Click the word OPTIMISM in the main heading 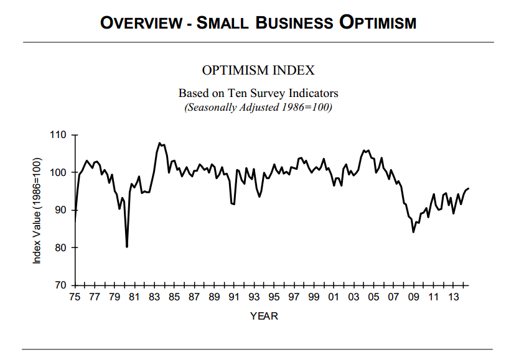pos(378,23)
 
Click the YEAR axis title pos(264,316)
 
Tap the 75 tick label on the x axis pos(75,297)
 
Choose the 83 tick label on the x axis pos(154,297)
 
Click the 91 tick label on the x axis pos(234,297)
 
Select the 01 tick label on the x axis pos(334,297)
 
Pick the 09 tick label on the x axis pos(413,297)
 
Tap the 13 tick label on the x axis pos(453,297)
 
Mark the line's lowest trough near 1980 pos(127,247)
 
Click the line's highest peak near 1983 pos(160,143)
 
